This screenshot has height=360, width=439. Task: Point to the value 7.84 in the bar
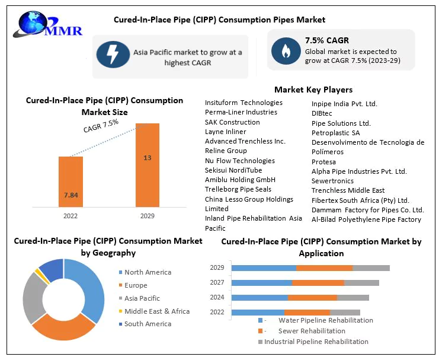[71, 195]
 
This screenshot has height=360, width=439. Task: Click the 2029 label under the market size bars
[148, 216]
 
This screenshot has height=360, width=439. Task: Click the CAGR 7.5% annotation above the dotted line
[101, 125]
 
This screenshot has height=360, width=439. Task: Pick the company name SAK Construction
[232, 122]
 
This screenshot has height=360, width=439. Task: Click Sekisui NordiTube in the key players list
[233, 170]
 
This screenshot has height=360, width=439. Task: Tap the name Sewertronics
[332, 181]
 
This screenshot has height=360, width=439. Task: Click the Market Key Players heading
[313, 90]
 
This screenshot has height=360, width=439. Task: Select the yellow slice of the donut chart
[38, 272]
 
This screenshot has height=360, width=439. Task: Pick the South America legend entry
[147, 324]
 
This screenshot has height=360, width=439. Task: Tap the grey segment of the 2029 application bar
[371, 268]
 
